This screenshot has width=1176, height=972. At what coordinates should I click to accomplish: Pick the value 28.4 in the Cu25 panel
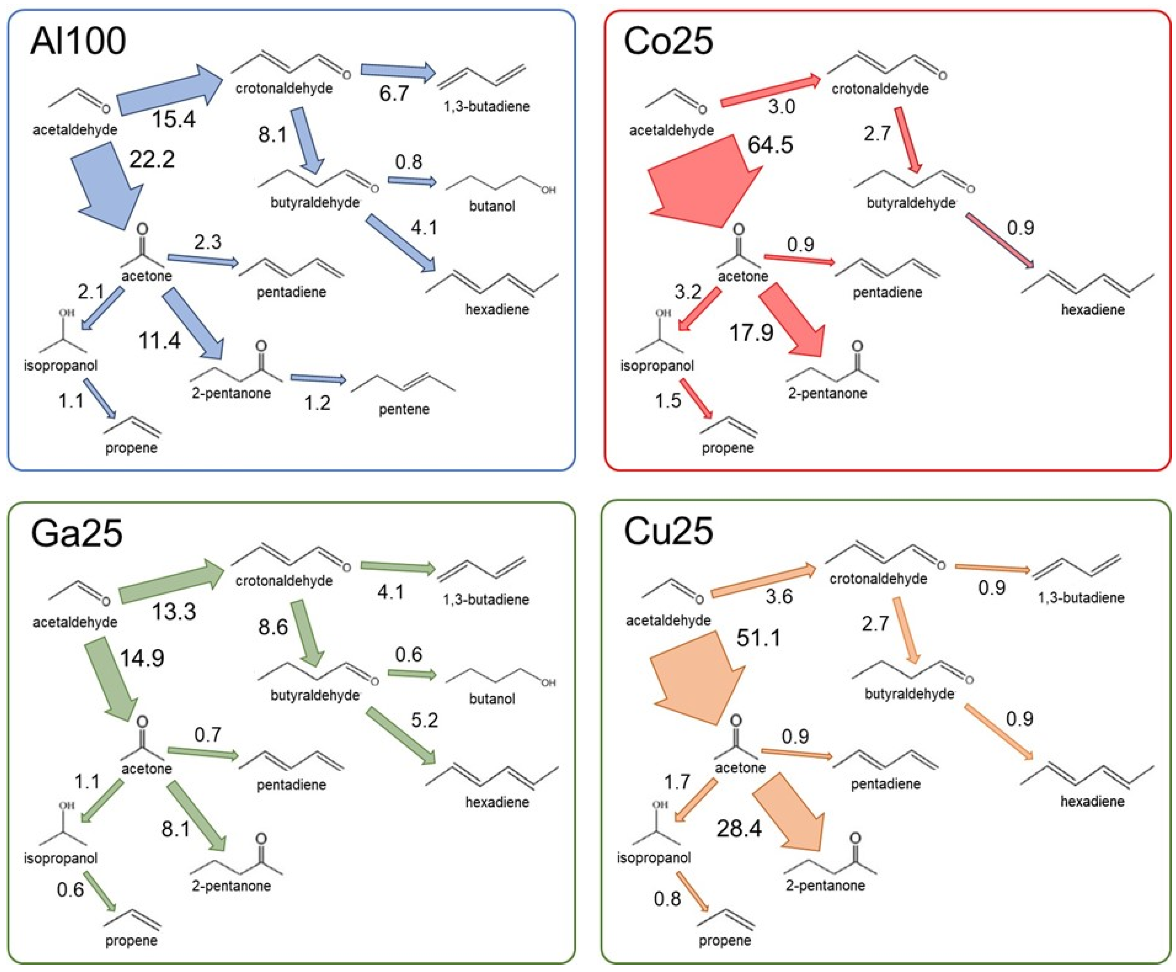(739, 828)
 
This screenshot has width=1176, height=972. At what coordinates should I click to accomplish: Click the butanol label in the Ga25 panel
(492, 699)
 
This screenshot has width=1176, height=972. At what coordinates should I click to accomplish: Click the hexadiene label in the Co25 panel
(1093, 309)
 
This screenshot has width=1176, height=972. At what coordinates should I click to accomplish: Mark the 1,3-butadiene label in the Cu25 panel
(1081, 597)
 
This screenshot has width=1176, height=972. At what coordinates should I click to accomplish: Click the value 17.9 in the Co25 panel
(751, 333)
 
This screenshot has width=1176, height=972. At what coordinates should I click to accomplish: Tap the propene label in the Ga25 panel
(131, 941)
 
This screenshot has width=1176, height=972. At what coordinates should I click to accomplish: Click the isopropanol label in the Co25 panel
(656, 365)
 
